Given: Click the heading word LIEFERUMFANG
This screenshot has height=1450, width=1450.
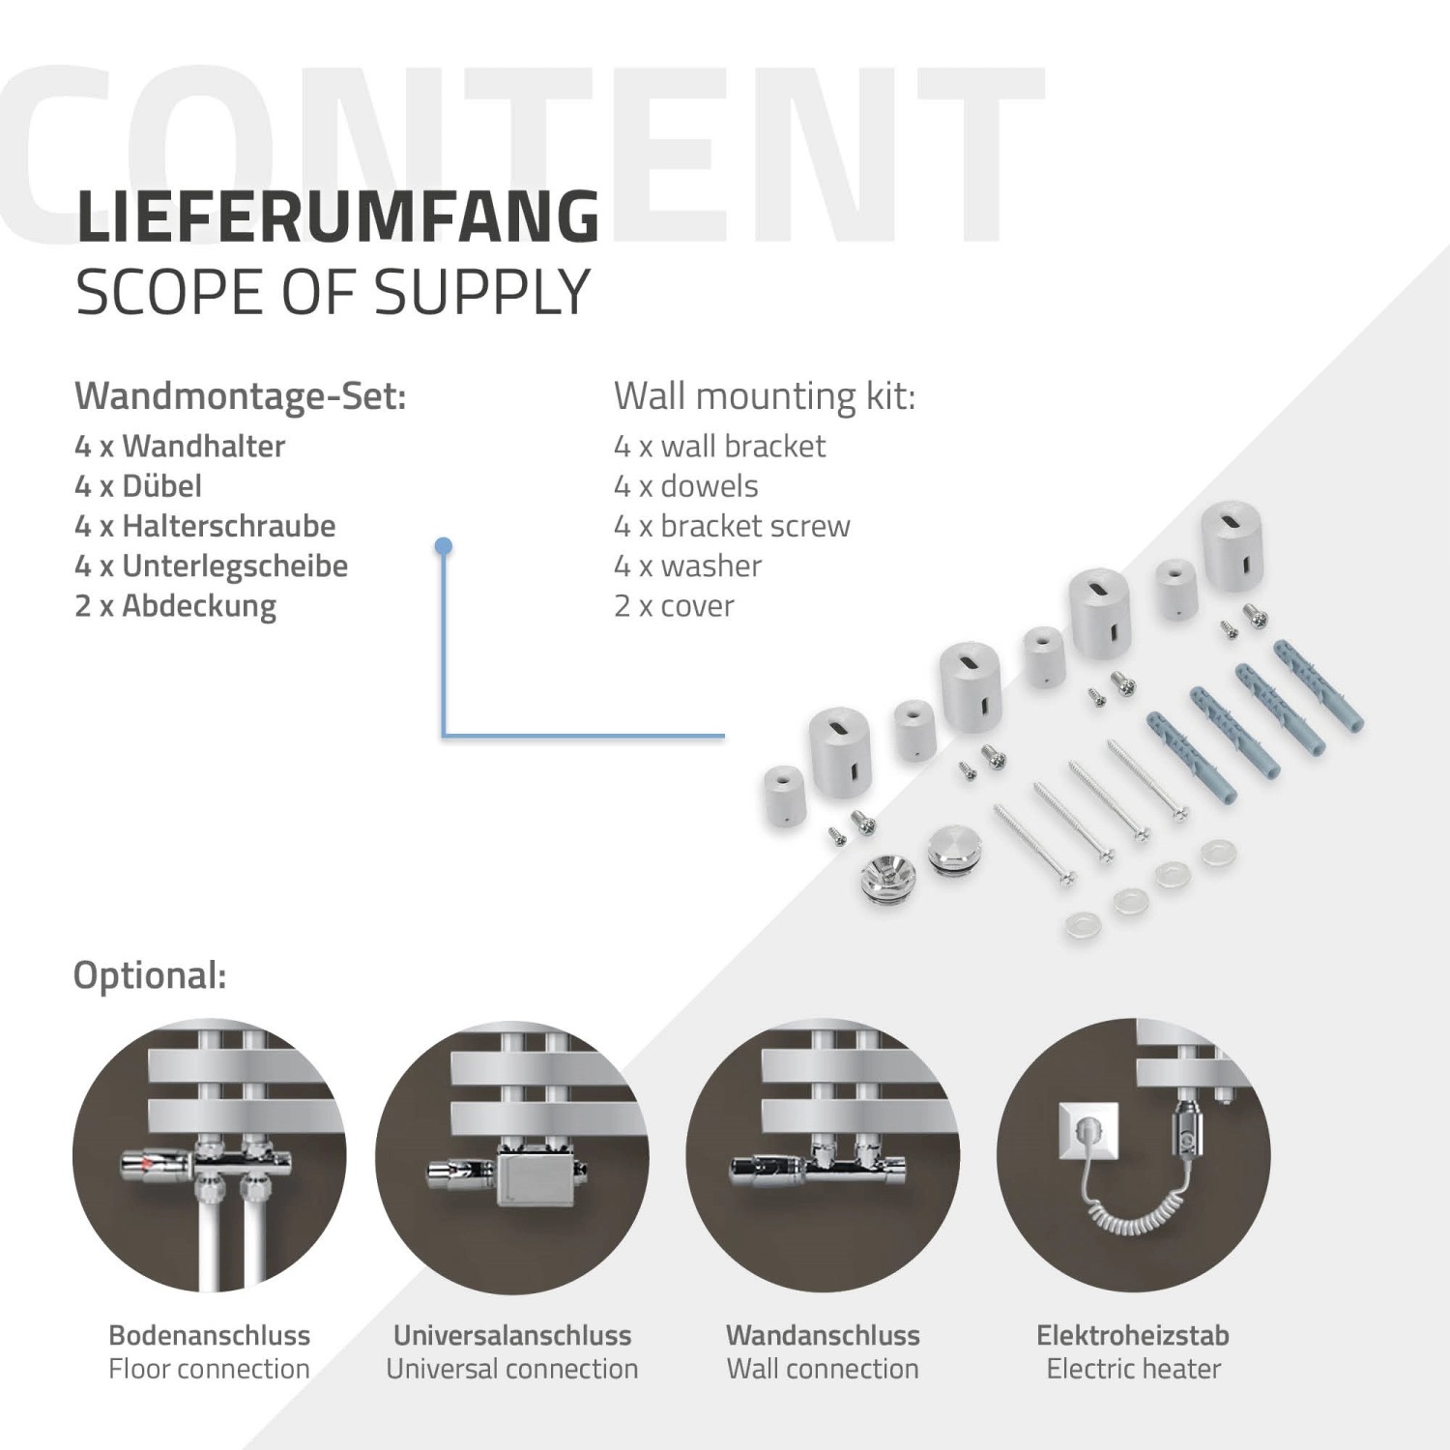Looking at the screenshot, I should [x=337, y=217].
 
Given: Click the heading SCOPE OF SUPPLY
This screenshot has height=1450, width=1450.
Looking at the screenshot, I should [x=333, y=292].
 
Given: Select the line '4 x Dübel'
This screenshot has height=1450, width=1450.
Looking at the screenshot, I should [x=138, y=485].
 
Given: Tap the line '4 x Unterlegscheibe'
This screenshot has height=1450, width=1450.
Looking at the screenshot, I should [x=211, y=565].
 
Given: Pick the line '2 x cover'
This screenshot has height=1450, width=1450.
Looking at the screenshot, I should [x=674, y=606].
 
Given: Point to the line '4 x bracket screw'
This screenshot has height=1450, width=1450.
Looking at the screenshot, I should [x=732, y=526].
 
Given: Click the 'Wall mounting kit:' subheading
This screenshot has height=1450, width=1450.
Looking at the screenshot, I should [x=764, y=395].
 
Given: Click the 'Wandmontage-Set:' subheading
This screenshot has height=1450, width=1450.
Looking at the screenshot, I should [x=241, y=395].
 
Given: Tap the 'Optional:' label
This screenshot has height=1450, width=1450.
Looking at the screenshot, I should [x=150, y=974].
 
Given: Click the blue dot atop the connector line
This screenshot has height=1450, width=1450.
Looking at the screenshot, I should [x=444, y=547].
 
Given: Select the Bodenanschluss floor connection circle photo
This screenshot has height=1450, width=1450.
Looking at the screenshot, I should [x=209, y=1155].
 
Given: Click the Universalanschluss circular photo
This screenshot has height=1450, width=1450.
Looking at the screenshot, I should [x=512, y=1155].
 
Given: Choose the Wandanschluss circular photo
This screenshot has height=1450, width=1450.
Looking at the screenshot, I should [x=823, y=1155].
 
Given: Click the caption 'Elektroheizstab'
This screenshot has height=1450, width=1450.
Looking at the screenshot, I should [x=1133, y=1335].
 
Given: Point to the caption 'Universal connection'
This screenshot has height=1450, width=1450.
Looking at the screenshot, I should [x=512, y=1369].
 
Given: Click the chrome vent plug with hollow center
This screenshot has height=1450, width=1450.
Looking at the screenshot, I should [x=880, y=881].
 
